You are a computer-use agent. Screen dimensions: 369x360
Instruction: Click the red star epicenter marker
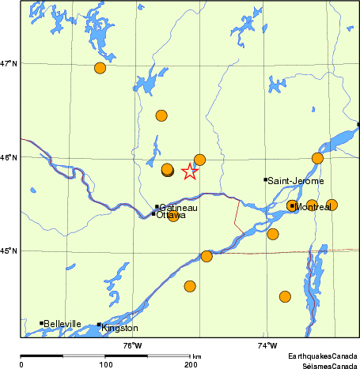[190, 171]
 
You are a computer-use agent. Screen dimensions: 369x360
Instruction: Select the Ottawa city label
[171, 215]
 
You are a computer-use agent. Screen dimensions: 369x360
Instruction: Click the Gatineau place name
[178, 207]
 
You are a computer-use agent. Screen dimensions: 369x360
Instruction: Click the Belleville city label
[63, 323]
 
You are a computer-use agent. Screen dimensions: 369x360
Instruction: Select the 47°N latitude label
[9, 63]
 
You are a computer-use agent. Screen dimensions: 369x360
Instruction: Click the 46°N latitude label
[9, 157]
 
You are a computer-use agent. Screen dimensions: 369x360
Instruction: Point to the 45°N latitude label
[9, 251]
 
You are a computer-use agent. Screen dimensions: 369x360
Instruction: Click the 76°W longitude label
[132, 345]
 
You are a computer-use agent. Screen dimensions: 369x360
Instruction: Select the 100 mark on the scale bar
[104, 364]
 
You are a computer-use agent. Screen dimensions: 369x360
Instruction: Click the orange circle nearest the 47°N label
[100, 68]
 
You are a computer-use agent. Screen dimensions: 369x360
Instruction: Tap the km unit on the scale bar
[196, 357]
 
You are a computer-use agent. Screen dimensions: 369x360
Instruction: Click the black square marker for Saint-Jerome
[265, 179]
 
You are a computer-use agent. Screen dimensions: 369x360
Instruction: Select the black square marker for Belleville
[41, 322]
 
